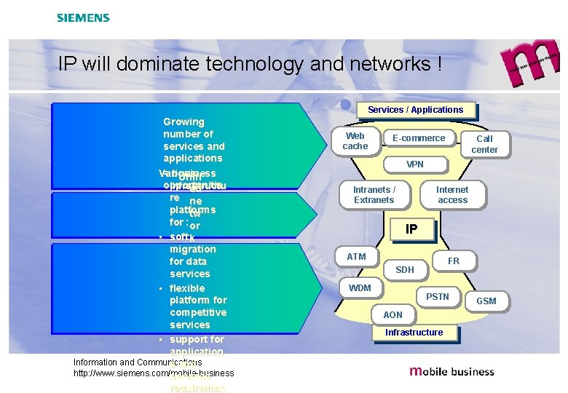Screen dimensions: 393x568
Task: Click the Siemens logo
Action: pyautogui.click(x=83, y=17)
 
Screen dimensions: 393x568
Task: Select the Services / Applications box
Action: pyautogui.click(x=415, y=110)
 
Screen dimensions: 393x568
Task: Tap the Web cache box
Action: pyautogui.click(x=355, y=141)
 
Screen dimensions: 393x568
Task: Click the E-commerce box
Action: pyautogui.click(x=419, y=138)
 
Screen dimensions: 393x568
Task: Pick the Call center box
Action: pyautogui.click(x=484, y=144)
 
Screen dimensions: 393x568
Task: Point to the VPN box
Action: pyautogui.click(x=415, y=164)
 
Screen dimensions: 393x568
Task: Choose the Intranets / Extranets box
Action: pyautogui.click(x=374, y=195)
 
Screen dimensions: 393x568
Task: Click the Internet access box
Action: pyautogui.click(x=452, y=195)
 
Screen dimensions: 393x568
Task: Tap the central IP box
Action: pyautogui.click(x=411, y=229)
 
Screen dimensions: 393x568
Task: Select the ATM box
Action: pyautogui.click(x=357, y=257)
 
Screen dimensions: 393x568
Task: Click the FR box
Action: pyautogui.click(x=454, y=261)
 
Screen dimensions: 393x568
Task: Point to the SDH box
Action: pyautogui.click(x=405, y=270)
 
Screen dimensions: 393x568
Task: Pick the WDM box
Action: pyautogui.click(x=360, y=288)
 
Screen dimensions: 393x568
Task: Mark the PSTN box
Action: pyautogui.click(x=438, y=297)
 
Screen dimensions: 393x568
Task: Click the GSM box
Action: pyautogui.click(x=486, y=301)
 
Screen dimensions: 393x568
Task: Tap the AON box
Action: pyautogui.click(x=393, y=315)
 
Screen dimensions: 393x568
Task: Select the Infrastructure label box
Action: pyautogui.click(x=414, y=333)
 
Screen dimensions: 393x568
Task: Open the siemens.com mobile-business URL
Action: pyautogui.click(x=154, y=373)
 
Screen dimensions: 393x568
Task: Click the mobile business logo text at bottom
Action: pyautogui.click(x=451, y=371)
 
